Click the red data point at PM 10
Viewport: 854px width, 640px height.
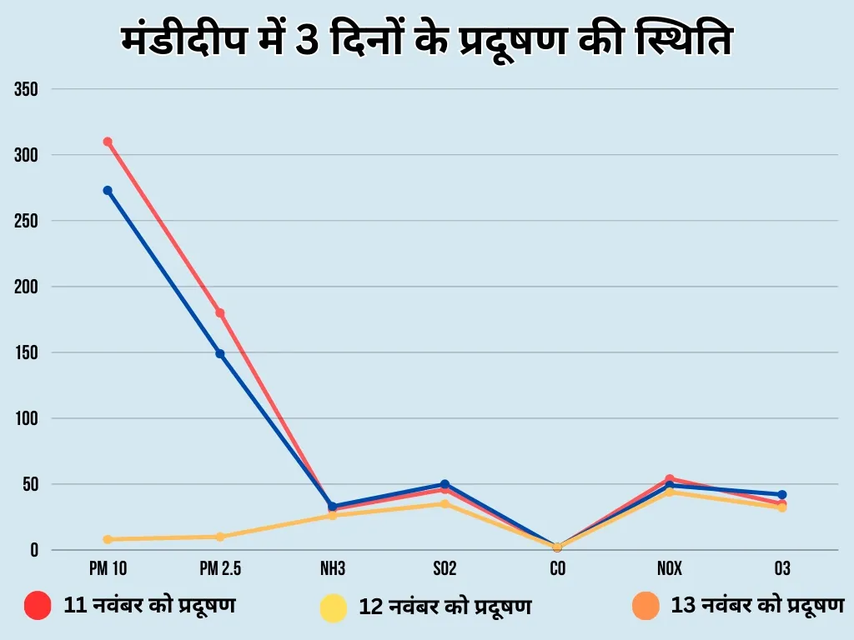pos(108,142)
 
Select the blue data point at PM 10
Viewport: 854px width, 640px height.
pos(108,190)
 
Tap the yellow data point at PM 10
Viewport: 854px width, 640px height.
pos(108,539)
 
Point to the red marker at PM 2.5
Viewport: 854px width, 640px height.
pos(220,312)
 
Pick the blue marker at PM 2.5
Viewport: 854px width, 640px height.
pos(220,353)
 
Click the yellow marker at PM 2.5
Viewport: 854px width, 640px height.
pos(220,537)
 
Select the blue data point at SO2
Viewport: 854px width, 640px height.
pos(445,484)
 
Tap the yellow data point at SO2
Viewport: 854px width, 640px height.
pos(445,504)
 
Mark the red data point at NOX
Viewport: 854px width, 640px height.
pos(670,479)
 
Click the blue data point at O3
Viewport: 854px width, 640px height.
pos(781,495)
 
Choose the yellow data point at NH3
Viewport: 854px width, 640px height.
pos(332,516)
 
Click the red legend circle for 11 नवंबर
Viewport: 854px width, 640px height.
pos(38,606)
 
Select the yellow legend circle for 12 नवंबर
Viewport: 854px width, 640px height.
pos(334,607)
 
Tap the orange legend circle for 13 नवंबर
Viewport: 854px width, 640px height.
pos(646,606)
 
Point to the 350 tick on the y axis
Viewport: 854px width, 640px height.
pos(27,89)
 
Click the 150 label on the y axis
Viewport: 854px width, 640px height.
pos(27,352)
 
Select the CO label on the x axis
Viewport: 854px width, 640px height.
pos(557,569)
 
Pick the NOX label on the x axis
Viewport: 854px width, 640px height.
pos(670,569)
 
